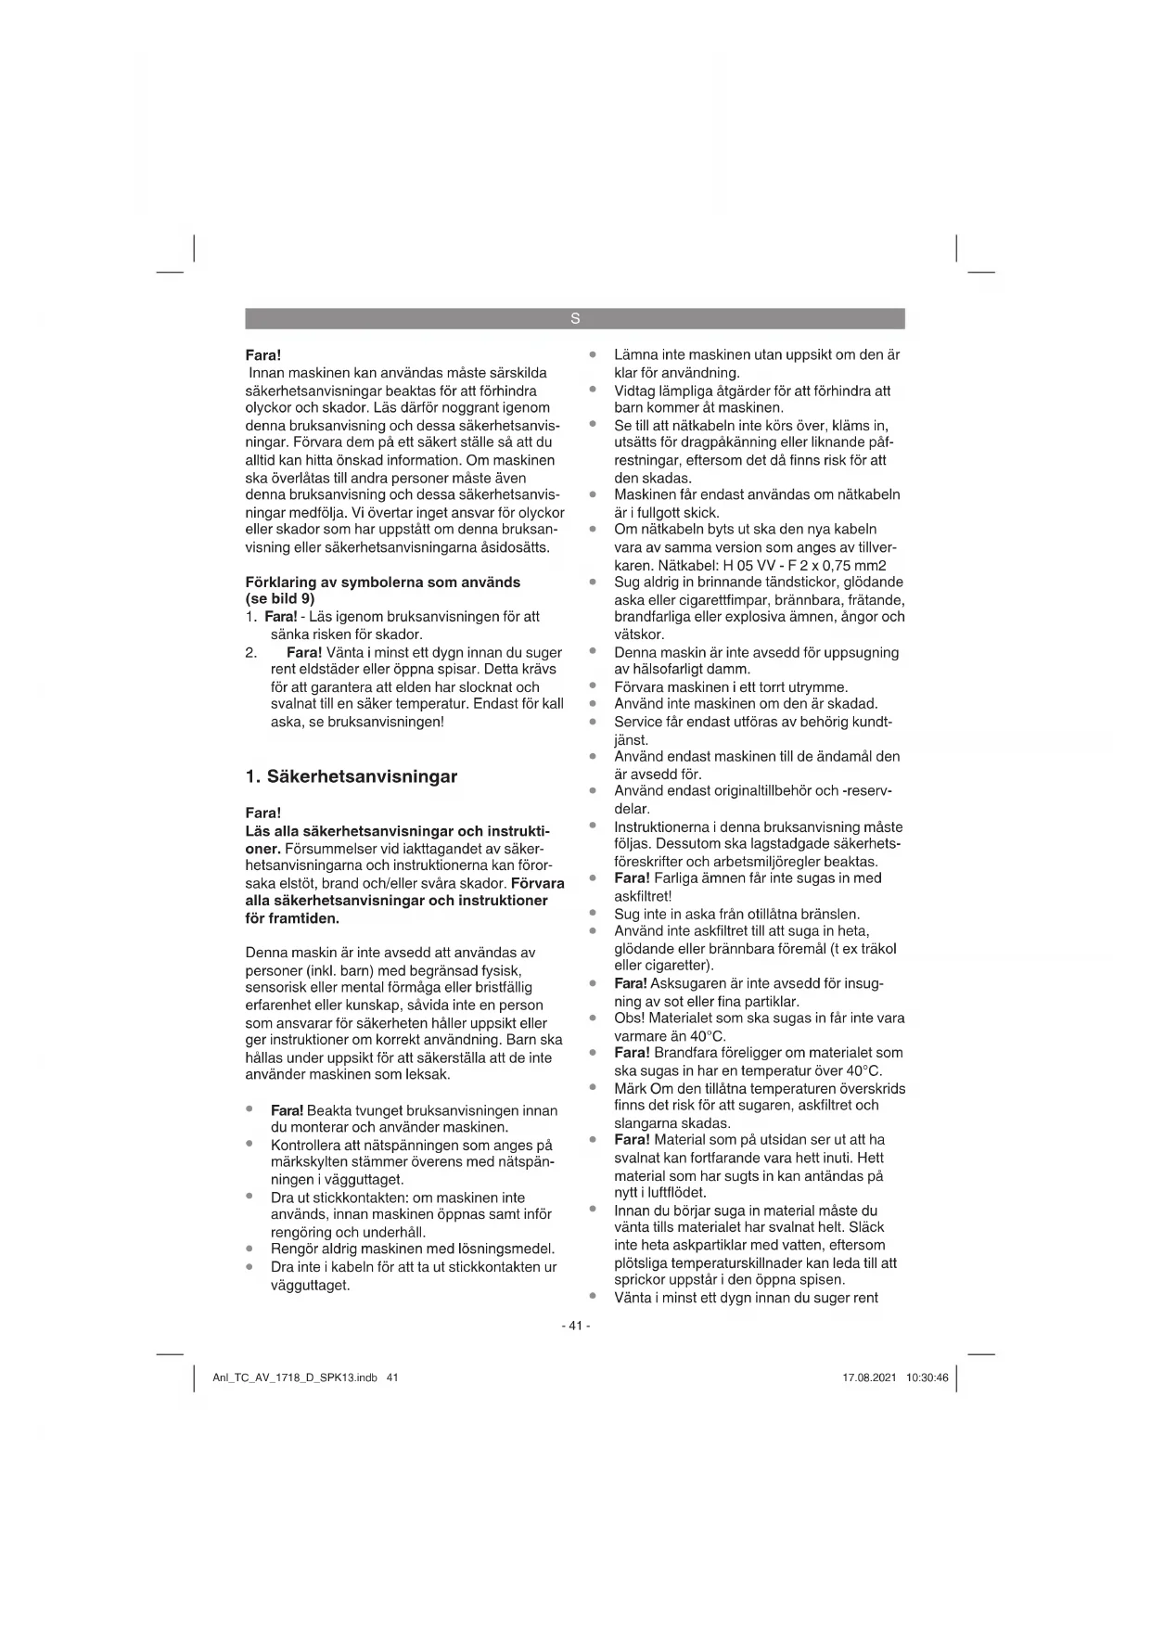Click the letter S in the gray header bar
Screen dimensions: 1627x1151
click(x=575, y=319)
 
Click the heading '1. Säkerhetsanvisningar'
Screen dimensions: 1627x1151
click(x=352, y=776)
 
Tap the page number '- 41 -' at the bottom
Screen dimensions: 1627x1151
click(x=575, y=1326)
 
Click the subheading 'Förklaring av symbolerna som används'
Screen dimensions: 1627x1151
click(x=382, y=583)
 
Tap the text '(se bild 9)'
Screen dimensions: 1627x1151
click(x=280, y=599)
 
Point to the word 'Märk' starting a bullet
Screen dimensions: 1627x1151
click(x=631, y=1088)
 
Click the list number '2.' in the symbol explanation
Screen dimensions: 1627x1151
click(x=251, y=652)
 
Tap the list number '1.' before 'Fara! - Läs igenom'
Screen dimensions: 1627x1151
click(x=251, y=617)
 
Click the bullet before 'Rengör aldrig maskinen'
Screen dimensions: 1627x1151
click(x=249, y=1249)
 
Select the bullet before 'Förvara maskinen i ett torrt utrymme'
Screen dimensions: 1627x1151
click(x=592, y=686)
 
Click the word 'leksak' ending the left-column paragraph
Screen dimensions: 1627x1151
click(x=426, y=1075)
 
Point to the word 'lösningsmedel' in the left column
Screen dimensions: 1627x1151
click(x=511, y=1249)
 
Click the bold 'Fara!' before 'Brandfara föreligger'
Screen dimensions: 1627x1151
click(x=632, y=1053)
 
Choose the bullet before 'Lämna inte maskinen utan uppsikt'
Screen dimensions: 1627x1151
click(x=592, y=354)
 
